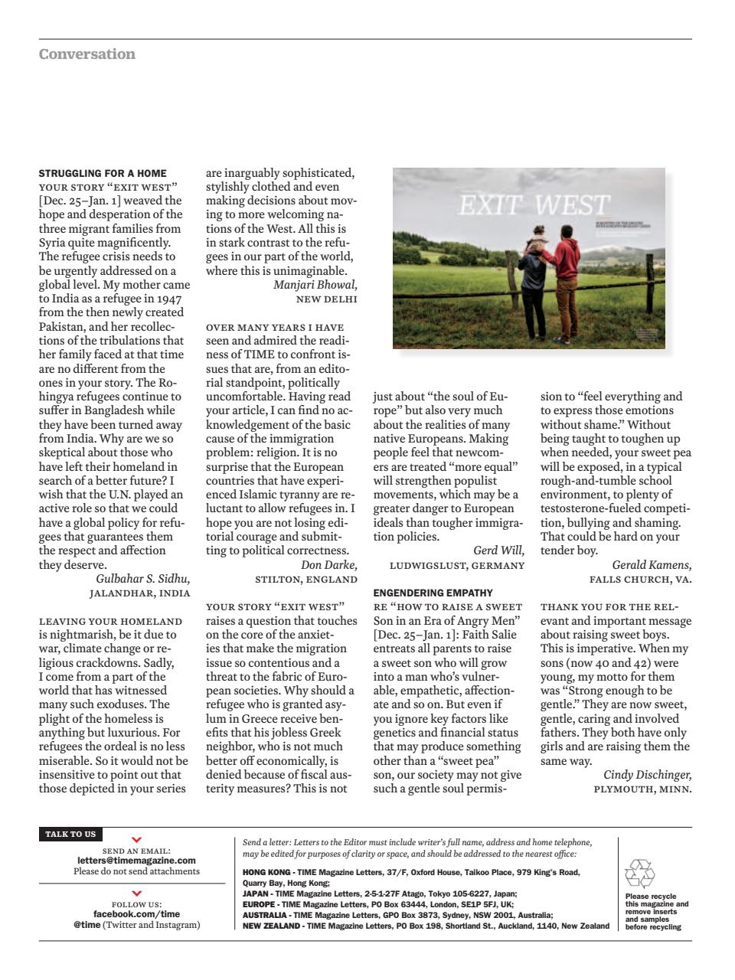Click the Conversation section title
(87, 54)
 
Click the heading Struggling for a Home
(103, 173)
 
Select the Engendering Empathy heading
(433, 593)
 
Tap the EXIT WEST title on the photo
(534, 205)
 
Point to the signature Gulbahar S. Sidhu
(143, 579)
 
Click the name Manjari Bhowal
(315, 285)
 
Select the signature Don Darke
(328, 565)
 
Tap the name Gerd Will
(498, 550)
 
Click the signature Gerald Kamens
(652, 565)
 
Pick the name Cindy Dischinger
(647, 775)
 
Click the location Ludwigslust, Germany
(457, 566)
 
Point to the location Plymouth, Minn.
(642, 789)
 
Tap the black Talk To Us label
(70, 835)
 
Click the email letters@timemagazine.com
(136, 861)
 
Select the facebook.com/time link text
(136, 913)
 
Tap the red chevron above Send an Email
(136, 841)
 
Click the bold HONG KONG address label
(266, 872)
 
